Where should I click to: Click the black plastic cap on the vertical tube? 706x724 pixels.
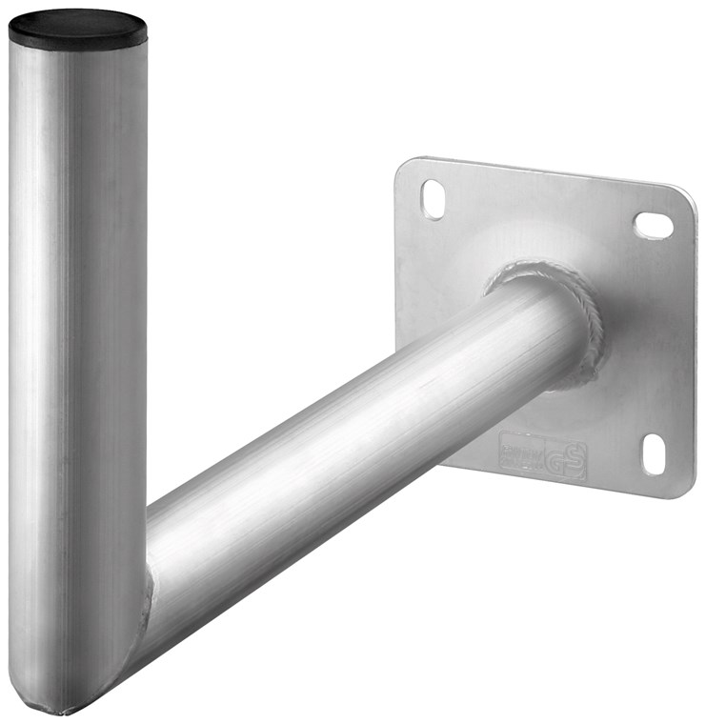(78, 29)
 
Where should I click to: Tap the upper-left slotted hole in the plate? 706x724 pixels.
(434, 199)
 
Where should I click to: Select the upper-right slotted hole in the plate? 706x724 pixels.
(654, 225)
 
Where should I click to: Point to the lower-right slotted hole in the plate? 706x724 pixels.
(654, 453)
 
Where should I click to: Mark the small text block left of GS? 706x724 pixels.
(519, 451)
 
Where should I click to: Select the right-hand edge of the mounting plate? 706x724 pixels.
(693, 343)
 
